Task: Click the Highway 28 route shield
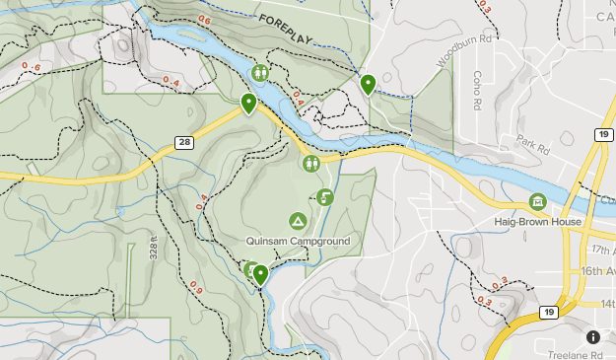click(x=184, y=143)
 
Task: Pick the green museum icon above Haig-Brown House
click(x=537, y=202)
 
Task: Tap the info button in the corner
click(x=593, y=337)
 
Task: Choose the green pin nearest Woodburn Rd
click(x=368, y=84)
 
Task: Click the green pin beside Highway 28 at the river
click(x=248, y=103)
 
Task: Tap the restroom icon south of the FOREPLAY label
click(x=260, y=72)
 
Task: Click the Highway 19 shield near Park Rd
click(x=602, y=133)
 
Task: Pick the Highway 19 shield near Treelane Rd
click(x=548, y=313)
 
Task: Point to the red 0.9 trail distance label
click(x=197, y=287)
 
